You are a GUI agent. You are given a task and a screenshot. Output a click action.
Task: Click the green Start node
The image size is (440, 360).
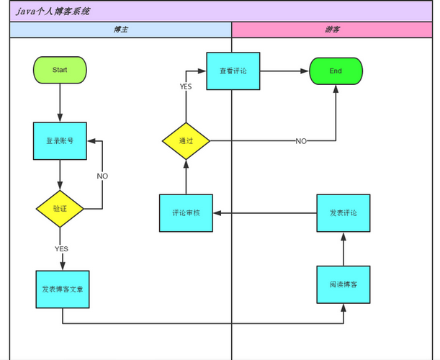coord(60,70)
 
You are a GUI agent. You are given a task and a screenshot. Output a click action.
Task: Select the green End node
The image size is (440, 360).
coord(336,71)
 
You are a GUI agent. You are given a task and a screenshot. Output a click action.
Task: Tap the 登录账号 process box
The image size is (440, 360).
coord(60,141)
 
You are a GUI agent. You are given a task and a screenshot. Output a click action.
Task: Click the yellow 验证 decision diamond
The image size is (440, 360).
coord(60,209)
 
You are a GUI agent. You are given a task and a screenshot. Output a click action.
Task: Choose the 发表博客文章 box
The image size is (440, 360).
coord(63,289)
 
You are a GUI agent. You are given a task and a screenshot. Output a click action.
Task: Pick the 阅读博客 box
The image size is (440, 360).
coord(344,284)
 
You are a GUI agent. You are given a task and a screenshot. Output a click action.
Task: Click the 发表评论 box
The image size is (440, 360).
coord(344,213)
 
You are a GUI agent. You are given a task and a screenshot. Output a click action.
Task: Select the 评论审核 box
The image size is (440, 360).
coord(186,213)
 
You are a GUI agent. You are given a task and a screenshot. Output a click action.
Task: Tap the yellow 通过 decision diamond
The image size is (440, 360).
coord(186,140)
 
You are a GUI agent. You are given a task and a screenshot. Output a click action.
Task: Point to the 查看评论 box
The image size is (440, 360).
coord(233,71)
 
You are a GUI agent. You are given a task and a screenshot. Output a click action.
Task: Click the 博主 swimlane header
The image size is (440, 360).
coord(121,30)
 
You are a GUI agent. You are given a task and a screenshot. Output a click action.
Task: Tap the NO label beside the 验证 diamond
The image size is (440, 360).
coord(102,176)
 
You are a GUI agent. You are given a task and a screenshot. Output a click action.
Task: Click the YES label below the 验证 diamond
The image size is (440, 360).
coord(61,248)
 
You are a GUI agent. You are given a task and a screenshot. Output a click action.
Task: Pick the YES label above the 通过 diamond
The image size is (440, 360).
coord(186,86)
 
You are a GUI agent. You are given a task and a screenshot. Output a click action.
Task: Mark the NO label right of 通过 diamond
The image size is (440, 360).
coord(301,140)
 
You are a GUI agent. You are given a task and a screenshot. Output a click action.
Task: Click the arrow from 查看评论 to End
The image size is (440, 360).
coord(284,71)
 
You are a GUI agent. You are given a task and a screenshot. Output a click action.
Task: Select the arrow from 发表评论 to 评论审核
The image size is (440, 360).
coord(265,213)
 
